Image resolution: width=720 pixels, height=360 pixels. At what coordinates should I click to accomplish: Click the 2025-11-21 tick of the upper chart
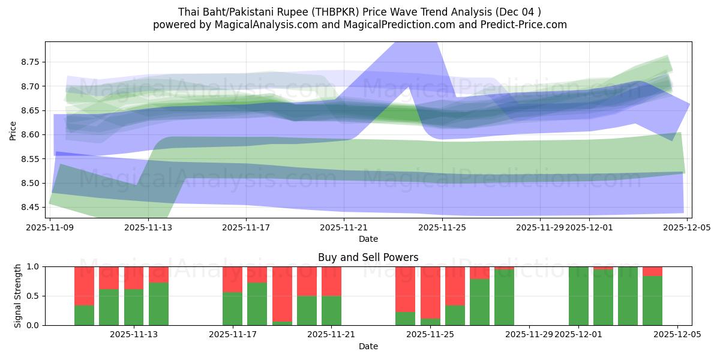tap(344, 227)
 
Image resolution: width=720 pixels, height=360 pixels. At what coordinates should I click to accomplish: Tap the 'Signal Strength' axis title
tap(18, 295)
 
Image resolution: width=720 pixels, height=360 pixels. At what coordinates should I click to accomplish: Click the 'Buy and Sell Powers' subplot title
tap(368, 257)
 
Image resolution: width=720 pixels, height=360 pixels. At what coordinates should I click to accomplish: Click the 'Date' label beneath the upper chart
tap(368, 239)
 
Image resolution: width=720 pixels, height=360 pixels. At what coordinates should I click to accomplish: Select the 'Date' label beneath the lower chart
tap(368, 346)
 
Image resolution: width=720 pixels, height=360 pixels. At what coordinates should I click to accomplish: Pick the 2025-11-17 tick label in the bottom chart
tap(233, 335)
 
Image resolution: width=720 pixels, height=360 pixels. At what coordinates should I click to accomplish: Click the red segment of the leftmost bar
tap(84, 286)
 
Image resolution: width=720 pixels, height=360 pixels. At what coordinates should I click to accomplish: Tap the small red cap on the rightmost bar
tap(652, 271)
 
